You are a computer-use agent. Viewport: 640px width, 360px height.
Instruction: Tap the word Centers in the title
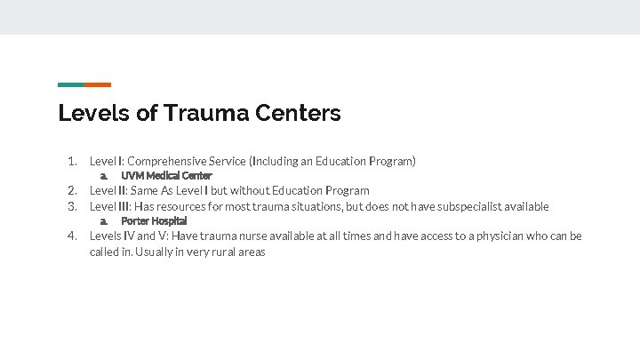(297, 114)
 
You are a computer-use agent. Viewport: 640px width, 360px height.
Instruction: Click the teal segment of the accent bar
(71, 84)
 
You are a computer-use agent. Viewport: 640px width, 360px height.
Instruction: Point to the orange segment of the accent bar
(98, 84)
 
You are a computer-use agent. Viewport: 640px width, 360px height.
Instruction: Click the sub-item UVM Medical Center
(166, 176)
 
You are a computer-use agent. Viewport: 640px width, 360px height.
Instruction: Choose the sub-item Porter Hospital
(154, 220)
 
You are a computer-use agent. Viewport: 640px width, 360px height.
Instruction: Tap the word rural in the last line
(229, 252)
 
